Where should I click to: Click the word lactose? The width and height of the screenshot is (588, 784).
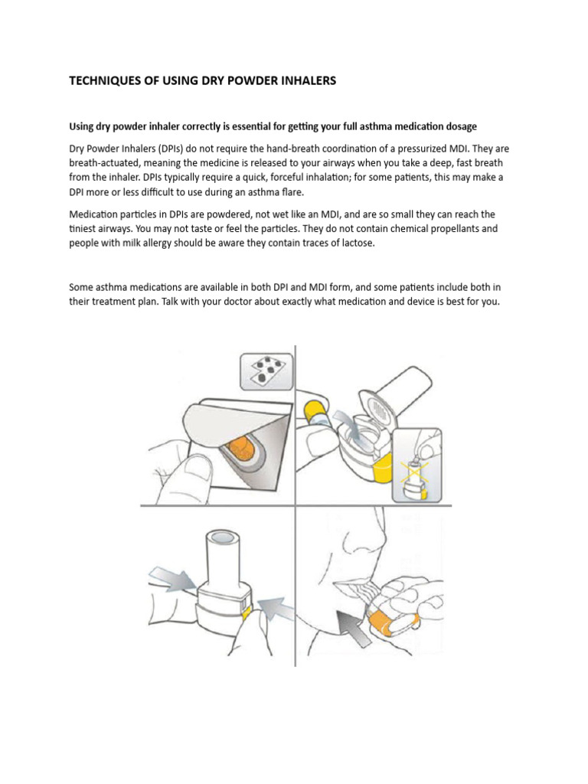point(356,243)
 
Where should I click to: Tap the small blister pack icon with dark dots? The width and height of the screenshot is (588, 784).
point(266,372)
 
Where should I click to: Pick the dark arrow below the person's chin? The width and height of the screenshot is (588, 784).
point(355,628)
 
